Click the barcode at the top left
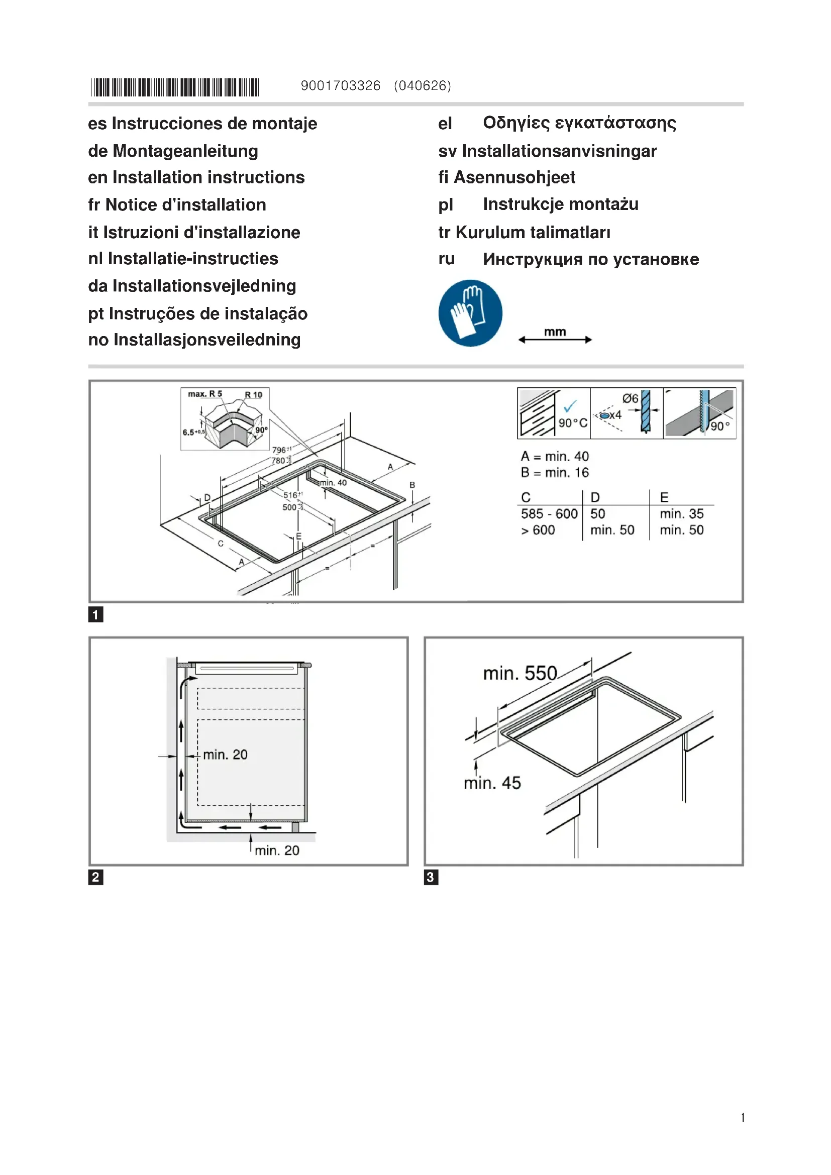(x=175, y=87)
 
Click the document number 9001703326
(x=340, y=85)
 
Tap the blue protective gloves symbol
(x=470, y=312)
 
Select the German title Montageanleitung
(x=185, y=151)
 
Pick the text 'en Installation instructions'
(x=196, y=177)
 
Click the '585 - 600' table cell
(x=549, y=514)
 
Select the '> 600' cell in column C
(x=538, y=530)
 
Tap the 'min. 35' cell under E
(x=682, y=514)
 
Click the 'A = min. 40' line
(x=555, y=456)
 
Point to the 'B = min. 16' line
(x=555, y=472)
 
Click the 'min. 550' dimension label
(x=520, y=673)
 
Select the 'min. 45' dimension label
(x=492, y=783)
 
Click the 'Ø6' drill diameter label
(x=630, y=399)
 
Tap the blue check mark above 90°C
(x=570, y=406)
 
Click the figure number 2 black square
(x=95, y=877)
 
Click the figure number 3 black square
(x=431, y=877)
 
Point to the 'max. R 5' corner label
(x=204, y=394)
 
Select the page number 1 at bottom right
(x=743, y=1118)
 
